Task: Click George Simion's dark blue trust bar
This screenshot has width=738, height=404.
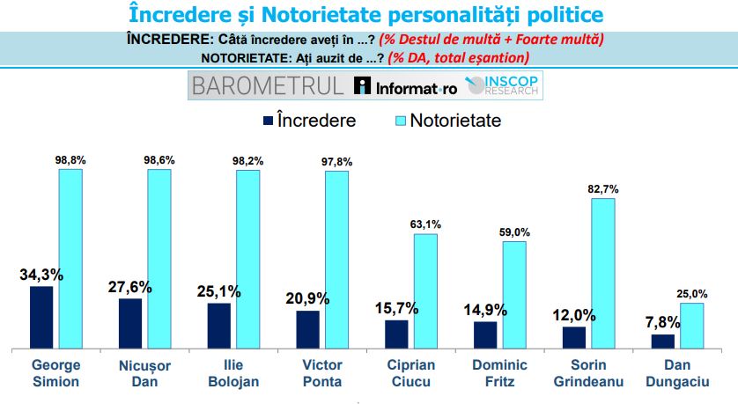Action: pyautogui.click(x=41, y=318)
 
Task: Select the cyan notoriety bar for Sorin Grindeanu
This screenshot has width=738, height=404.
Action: pyautogui.click(x=603, y=274)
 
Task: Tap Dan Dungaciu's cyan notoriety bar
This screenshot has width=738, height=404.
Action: pyautogui.click(x=692, y=326)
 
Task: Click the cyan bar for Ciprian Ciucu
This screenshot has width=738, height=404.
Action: pyautogui.click(x=425, y=291)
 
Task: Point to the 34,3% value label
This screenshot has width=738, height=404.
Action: pyautogui.click(x=41, y=275)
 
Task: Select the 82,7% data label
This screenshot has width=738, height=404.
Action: pyautogui.click(x=603, y=189)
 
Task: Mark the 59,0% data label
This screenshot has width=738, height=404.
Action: pyautogui.click(x=514, y=231)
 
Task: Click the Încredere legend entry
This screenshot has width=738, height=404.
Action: pyautogui.click(x=307, y=120)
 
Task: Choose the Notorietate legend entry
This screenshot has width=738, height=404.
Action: pyautogui.click(x=445, y=120)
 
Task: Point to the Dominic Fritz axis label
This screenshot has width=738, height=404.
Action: pyautogui.click(x=498, y=373)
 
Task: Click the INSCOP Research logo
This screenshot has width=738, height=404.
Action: pyautogui.click(x=506, y=86)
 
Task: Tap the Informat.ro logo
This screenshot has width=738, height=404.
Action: pyautogui.click(x=405, y=86)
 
